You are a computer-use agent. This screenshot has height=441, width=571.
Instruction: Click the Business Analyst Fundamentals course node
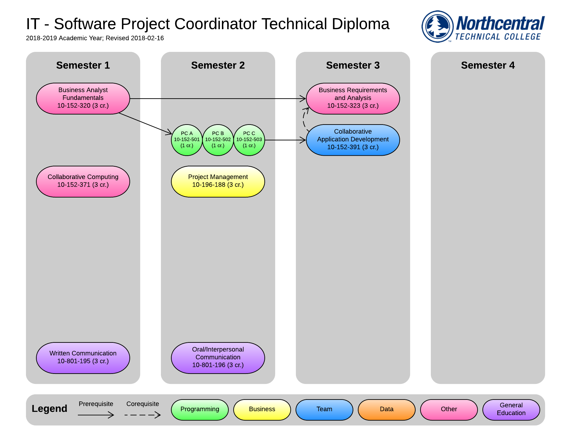(83, 99)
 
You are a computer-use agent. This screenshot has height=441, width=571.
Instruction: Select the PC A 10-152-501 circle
(187, 140)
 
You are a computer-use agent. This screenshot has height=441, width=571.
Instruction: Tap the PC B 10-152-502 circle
(218, 140)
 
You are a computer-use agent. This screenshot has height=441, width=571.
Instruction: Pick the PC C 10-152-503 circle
(249, 140)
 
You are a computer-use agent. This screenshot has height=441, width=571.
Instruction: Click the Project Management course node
(218, 182)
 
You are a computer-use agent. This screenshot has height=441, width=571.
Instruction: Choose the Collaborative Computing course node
(83, 182)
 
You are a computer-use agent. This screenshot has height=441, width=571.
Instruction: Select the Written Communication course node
(83, 358)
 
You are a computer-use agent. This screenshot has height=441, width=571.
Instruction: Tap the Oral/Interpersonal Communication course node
(218, 358)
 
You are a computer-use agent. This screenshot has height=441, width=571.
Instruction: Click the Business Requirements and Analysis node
(353, 99)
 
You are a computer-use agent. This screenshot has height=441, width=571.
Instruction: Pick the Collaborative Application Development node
(353, 140)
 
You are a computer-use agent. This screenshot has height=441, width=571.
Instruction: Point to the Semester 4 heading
(488, 65)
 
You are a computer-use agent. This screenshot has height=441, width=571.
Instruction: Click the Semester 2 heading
(218, 65)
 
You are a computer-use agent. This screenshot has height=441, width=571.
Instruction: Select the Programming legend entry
(200, 410)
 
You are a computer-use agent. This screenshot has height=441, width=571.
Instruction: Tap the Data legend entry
(387, 410)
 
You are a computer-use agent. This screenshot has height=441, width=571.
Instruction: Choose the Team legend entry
(324, 410)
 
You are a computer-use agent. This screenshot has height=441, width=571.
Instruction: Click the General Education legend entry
(511, 410)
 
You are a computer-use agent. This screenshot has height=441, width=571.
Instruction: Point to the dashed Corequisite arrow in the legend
(143, 415)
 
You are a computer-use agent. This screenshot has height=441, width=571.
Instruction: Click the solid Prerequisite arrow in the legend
(96, 415)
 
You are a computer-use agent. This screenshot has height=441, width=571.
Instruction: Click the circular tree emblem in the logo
(438, 27)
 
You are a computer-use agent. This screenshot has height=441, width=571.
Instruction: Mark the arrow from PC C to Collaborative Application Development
(285, 140)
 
